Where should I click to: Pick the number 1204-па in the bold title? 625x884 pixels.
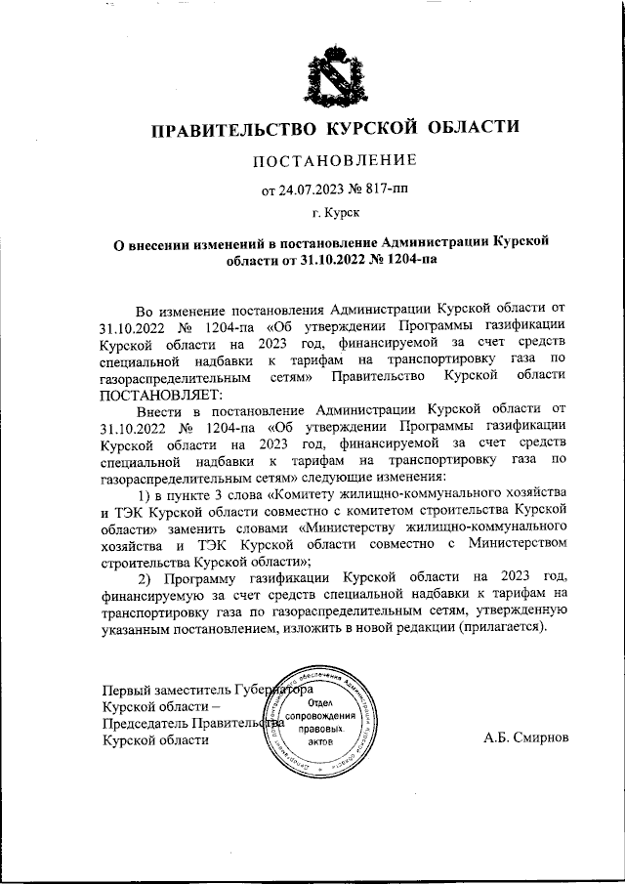pos(402,260)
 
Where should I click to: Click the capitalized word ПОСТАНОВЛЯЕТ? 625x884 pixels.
pos(161,396)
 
